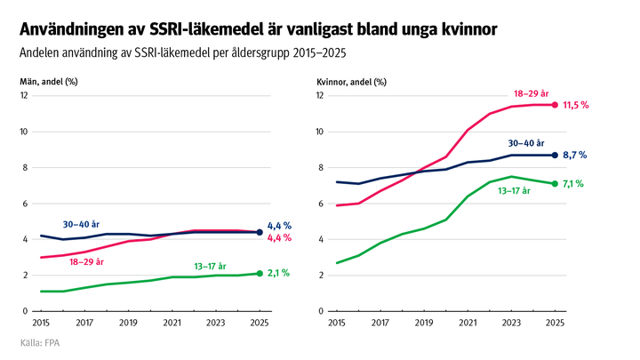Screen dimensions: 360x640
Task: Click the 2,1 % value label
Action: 279,274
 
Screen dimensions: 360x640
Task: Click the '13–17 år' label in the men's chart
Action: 210,266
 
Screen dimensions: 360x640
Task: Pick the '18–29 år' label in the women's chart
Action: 532,92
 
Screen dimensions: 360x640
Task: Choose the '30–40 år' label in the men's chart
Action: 80,224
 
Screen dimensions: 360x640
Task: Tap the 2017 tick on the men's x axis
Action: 85,324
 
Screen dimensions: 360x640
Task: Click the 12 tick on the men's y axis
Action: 25,96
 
